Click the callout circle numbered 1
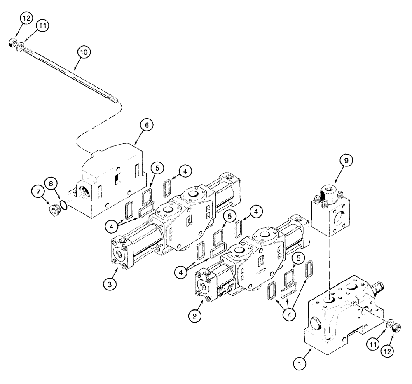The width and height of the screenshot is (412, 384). coord(300,363)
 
